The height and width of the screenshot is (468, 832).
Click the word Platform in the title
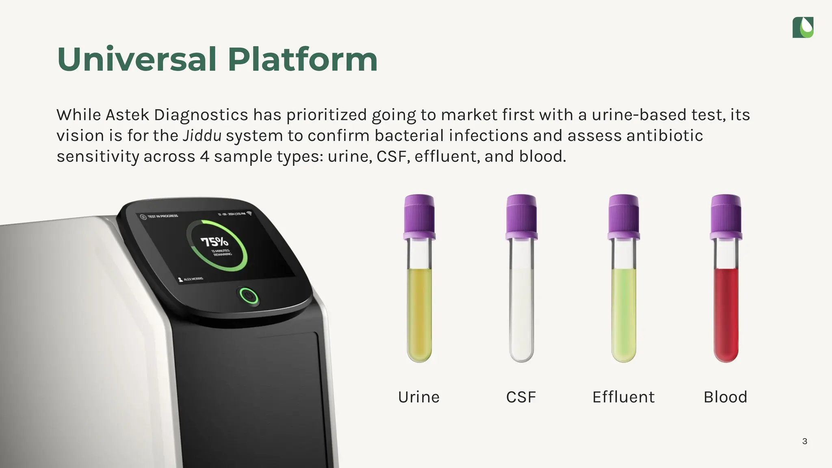click(303, 60)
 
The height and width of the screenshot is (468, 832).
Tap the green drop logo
click(803, 28)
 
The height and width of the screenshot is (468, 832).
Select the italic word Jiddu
click(202, 136)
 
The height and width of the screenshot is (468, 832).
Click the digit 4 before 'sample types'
click(204, 156)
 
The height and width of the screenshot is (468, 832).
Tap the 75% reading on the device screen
click(214, 242)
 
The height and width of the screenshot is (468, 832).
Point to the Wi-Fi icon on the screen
click(249, 213)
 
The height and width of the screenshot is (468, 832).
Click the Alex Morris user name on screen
click(193, 279)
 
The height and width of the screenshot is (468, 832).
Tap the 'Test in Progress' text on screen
click(162, 216)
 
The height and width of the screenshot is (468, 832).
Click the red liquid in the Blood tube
click(726, 313)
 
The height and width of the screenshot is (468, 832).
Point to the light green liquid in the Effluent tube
click(624, 313)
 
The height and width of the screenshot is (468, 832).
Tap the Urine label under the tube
click(419, 397)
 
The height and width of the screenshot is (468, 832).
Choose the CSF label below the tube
click(521, 397)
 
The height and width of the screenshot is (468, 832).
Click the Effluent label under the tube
click(623, 397)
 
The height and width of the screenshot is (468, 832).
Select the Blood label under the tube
click(726, 397)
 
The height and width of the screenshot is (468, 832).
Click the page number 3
click(804, 441)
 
